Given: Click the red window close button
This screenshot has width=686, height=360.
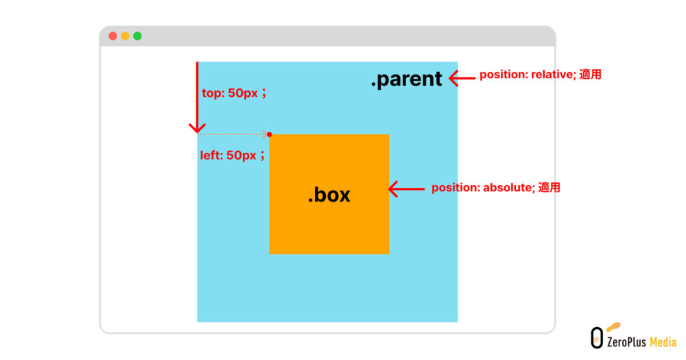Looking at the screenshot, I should [x=113, y=36].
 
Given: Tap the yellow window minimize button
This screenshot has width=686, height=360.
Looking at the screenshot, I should [x=125, y=36].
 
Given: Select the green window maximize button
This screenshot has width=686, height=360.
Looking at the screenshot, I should [x=137, y=36].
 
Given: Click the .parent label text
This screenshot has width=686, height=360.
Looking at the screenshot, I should [x=406, y=80].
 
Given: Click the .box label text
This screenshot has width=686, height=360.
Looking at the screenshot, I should [x=329, y=195].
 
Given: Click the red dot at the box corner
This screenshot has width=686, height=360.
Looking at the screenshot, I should [x=270, y=134].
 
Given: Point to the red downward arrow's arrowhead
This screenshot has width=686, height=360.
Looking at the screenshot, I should [x=198, y=128].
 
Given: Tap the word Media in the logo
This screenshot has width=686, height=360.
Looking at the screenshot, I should [x=663, y=341].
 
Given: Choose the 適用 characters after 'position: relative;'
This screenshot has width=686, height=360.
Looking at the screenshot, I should [x=590, y=75].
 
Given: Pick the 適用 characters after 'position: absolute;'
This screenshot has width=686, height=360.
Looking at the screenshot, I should [x=549, y=187].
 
